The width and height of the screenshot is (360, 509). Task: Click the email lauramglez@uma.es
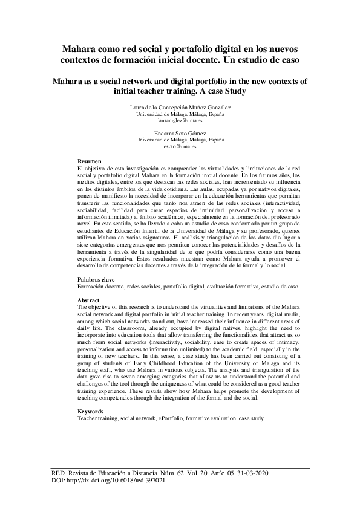180,120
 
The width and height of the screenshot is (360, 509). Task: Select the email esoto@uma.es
180,146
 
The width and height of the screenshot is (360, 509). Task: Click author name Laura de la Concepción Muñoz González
180,106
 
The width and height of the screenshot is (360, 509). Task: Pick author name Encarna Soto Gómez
180,132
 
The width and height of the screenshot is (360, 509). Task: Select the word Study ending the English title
232,91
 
